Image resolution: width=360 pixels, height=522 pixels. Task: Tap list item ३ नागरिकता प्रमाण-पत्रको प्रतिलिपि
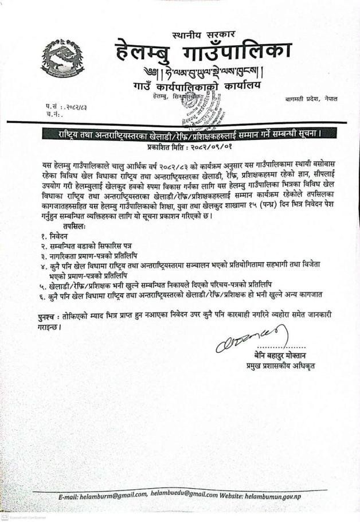click(x=97, y=254)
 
